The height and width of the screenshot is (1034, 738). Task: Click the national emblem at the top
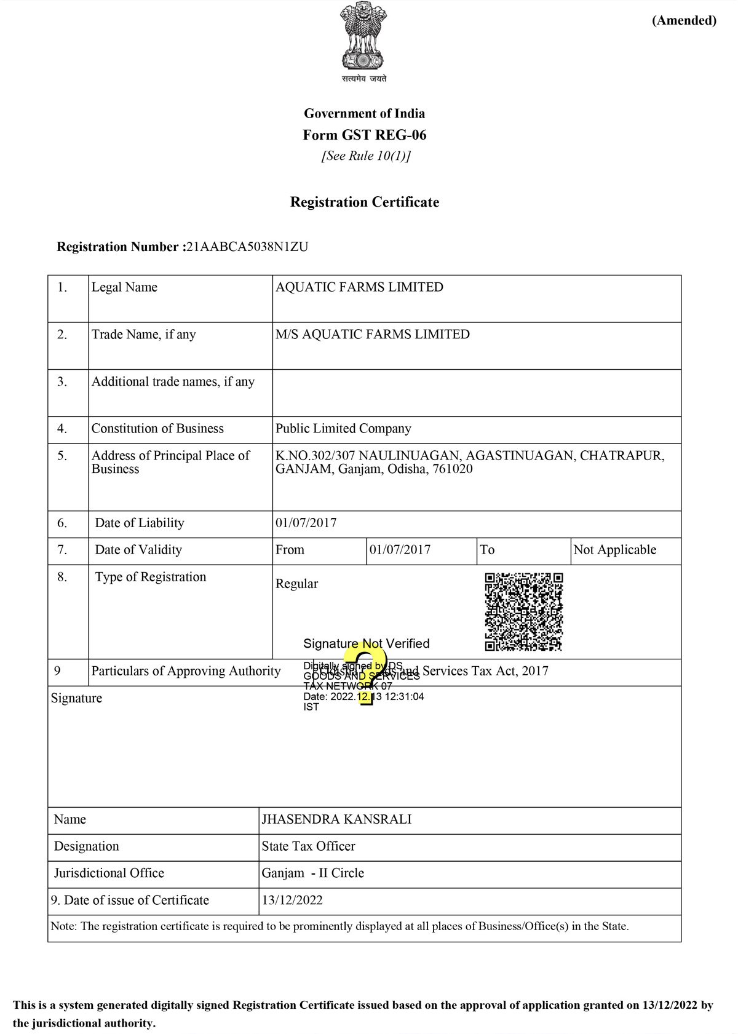(x=363, y=38)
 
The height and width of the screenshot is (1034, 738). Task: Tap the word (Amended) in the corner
(x=684, y=20)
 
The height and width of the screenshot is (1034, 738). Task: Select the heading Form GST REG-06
(x=364, y=135)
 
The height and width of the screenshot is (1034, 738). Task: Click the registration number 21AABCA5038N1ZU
(x=247, y=247)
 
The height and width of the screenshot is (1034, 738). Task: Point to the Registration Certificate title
(x=364, y=202)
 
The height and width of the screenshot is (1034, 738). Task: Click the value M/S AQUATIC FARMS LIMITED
(x=372, y=334)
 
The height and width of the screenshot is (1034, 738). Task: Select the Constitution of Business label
(x=157, y=428)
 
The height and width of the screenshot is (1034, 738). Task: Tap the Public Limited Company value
(x=343, y=428)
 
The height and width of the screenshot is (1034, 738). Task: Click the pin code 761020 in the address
(x=453, y=469)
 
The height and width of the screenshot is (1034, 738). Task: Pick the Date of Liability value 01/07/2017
(x=306, y=523)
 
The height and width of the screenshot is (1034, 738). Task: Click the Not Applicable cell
(x=614, y=549)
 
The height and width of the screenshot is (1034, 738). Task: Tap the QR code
(x=523, y=611)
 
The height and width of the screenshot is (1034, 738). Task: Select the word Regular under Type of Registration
(x=296, y=584)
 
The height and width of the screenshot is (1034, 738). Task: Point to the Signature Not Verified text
(x=366, y=643)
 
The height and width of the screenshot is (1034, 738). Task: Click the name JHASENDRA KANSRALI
(x=336, y=819)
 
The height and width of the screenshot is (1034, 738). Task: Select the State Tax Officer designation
(x=308, y=846)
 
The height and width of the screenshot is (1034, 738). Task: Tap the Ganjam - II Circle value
(x=312, y=873)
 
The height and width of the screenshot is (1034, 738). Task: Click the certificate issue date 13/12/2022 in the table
(x=292, y=900)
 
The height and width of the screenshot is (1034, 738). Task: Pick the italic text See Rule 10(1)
(x=365, y=156)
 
